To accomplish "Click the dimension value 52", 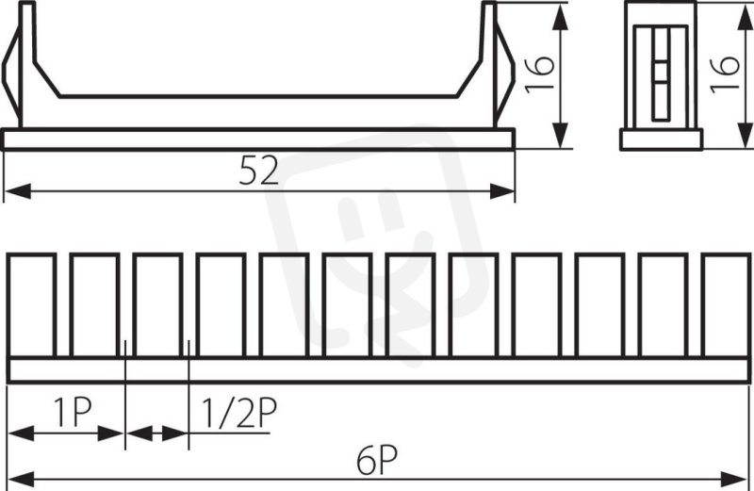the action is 258,172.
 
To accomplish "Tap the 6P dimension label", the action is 377,460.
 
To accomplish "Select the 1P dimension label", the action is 73,413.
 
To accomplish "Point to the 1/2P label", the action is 238,413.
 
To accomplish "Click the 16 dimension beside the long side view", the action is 540,74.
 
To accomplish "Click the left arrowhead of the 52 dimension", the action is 18,191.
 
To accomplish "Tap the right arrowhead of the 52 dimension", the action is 502,191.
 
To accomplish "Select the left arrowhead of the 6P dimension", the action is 22,479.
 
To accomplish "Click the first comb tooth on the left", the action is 31,306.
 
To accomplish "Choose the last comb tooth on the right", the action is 726,306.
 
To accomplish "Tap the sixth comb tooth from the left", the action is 347,306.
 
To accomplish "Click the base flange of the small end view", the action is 662,139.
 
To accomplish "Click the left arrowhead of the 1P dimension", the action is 22,434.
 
